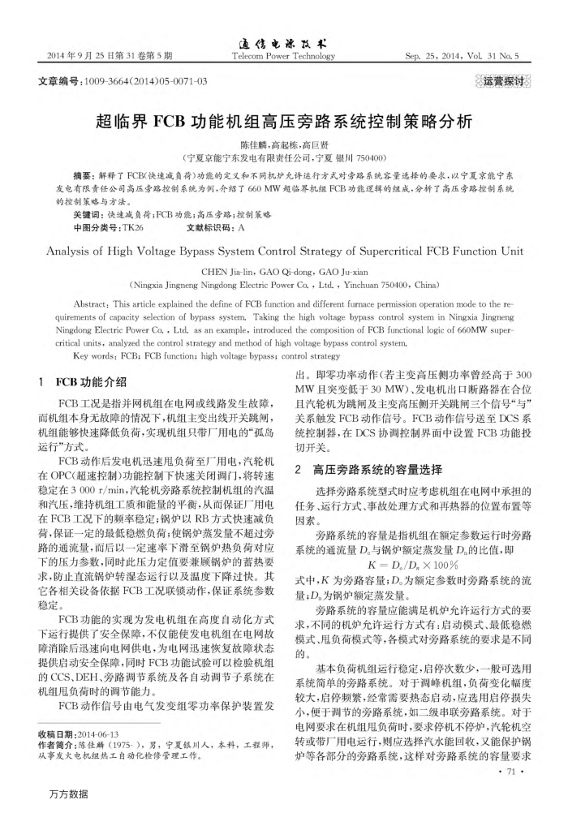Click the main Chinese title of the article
click(283, 123)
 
